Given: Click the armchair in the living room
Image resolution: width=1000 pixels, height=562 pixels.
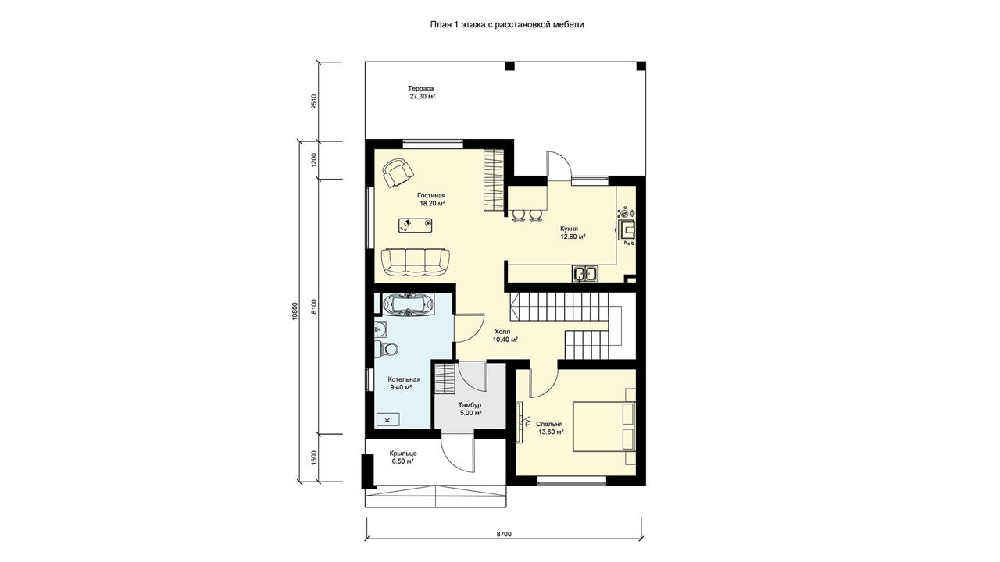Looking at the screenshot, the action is pos(398,173).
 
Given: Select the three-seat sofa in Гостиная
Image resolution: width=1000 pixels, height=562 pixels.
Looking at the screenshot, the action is pos(415,261).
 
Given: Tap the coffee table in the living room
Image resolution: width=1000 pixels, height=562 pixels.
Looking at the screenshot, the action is pos(415,226).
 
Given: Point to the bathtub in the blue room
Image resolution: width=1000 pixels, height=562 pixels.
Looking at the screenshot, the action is pos(408,304).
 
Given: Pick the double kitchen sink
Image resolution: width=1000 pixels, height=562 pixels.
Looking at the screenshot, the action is pos(585,273).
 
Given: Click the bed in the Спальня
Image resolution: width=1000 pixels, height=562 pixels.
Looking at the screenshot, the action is pos(604,427).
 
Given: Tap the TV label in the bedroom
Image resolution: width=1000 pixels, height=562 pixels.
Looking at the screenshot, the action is pos(527,421).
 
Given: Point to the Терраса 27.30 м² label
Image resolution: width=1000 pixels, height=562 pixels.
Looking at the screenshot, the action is pos(420,92).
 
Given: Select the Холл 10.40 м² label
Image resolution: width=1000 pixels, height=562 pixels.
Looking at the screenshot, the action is pos(505,336).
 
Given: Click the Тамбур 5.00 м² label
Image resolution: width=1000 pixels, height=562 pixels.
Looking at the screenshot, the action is pos(470,409).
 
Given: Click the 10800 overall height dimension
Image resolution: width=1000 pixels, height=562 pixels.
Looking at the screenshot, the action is pos(294,311).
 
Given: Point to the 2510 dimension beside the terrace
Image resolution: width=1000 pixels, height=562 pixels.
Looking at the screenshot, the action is pos(314,101).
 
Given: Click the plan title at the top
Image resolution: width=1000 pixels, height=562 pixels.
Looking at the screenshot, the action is pos(507,24).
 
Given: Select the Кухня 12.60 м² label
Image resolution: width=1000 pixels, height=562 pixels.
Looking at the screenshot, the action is pos(573,233).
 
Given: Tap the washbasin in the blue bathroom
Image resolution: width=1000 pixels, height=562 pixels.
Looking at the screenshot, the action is pos(380,330).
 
